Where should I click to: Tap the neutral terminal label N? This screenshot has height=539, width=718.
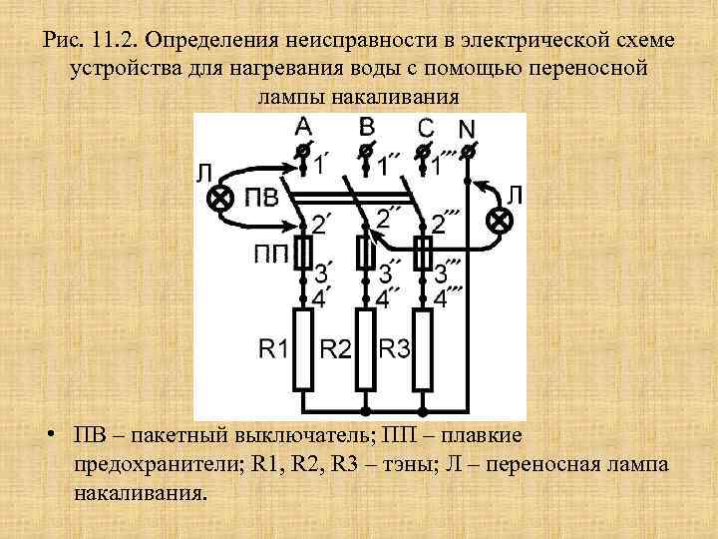pos(466,130)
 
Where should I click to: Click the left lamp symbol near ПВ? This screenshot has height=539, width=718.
pos(216,198)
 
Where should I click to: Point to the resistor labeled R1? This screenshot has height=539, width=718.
pos(304,348)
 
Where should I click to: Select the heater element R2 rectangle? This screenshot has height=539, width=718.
pos(366,348)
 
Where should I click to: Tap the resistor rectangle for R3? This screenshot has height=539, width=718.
pos(423,348)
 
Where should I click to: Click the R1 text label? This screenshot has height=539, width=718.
pos(273,348)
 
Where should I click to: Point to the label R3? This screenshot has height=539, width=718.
pos(395,348)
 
